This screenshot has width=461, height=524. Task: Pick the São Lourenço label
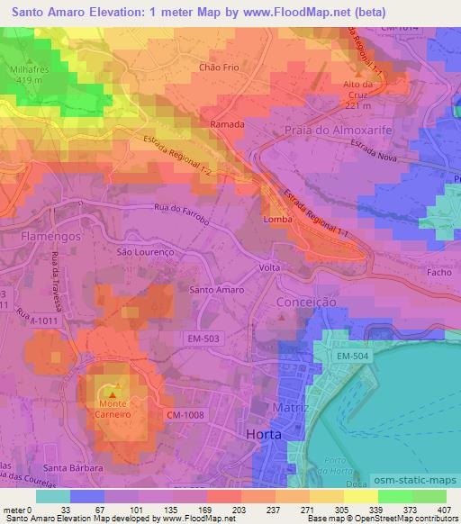(144, 253)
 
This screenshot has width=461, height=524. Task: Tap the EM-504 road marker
(352, 357)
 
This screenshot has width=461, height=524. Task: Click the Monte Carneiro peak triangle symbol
(113, 393)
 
